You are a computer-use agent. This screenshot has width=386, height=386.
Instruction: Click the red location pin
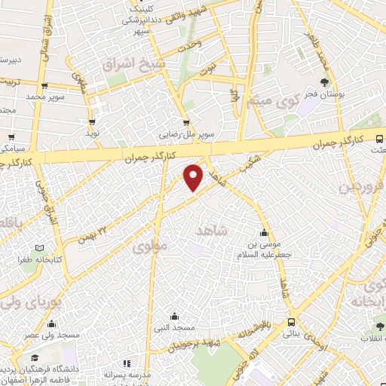click(x=195, y=178)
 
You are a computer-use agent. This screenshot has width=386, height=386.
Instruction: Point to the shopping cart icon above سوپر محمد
click(x=45, y=86)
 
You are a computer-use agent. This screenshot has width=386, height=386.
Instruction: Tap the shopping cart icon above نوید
click(x=93, y=121)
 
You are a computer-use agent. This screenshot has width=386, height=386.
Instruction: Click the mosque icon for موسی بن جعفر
click(x=264, y=233)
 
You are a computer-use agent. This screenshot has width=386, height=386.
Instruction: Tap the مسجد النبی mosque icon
click(x=175, y=317)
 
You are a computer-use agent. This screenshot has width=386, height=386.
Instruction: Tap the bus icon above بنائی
click(x=291, y=323)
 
